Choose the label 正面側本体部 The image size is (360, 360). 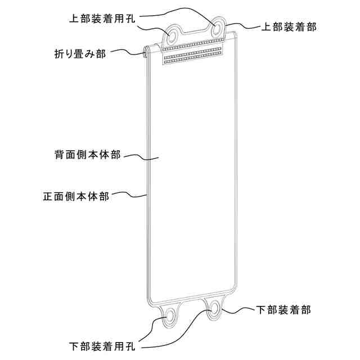coord(76,197)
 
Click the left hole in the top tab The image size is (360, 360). coord(172,37)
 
